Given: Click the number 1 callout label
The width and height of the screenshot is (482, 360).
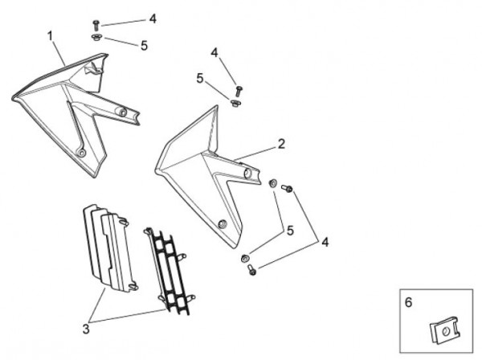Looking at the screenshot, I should point(50,37).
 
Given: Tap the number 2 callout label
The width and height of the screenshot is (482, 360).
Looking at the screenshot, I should point(281,144).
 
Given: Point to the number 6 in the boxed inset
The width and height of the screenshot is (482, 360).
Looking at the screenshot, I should point(408,303).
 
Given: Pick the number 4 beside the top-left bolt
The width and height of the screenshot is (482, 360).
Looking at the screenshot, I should point(153,18).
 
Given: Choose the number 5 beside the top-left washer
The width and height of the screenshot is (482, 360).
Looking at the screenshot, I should point(144,46).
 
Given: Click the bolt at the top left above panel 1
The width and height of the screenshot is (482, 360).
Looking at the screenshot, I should point(96,26).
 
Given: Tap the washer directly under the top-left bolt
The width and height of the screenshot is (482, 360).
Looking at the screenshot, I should point(96,37).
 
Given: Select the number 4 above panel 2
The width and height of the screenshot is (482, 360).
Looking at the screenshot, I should point(214,52).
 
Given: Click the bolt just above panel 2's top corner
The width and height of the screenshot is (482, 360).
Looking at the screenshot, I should point(239,91).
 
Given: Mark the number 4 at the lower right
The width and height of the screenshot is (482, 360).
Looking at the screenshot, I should point(325,241).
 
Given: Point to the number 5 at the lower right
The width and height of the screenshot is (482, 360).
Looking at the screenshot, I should point(289,230).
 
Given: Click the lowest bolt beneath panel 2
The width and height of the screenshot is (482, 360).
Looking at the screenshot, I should point(251,270).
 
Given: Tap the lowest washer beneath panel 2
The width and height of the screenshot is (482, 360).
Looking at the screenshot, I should point(245,258).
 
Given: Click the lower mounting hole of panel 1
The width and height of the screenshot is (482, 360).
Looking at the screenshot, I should point(81,152).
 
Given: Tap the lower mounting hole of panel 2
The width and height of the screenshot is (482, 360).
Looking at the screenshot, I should point(223,223).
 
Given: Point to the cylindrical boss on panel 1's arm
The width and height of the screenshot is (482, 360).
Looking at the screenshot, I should point(122,112).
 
